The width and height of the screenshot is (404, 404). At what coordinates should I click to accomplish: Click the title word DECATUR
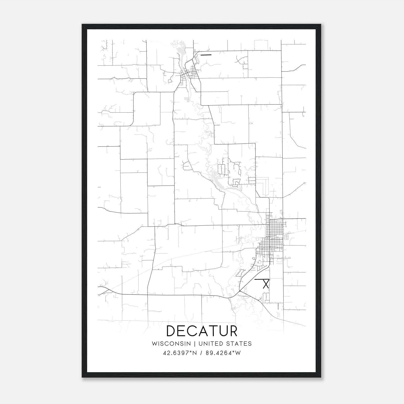(x=202, y=331)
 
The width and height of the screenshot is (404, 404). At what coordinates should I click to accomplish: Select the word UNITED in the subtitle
(x=211, y=344)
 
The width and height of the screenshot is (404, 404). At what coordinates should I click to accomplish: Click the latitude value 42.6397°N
(x=180, y=353)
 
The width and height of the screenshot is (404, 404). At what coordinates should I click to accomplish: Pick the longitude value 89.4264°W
(x=223, y=353)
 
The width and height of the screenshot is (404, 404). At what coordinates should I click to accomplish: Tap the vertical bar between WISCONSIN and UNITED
(x=195, y=344)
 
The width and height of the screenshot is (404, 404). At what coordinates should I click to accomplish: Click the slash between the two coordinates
(x=201, y=353)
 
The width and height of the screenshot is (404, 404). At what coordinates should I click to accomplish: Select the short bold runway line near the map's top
(x=206, y=55)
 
